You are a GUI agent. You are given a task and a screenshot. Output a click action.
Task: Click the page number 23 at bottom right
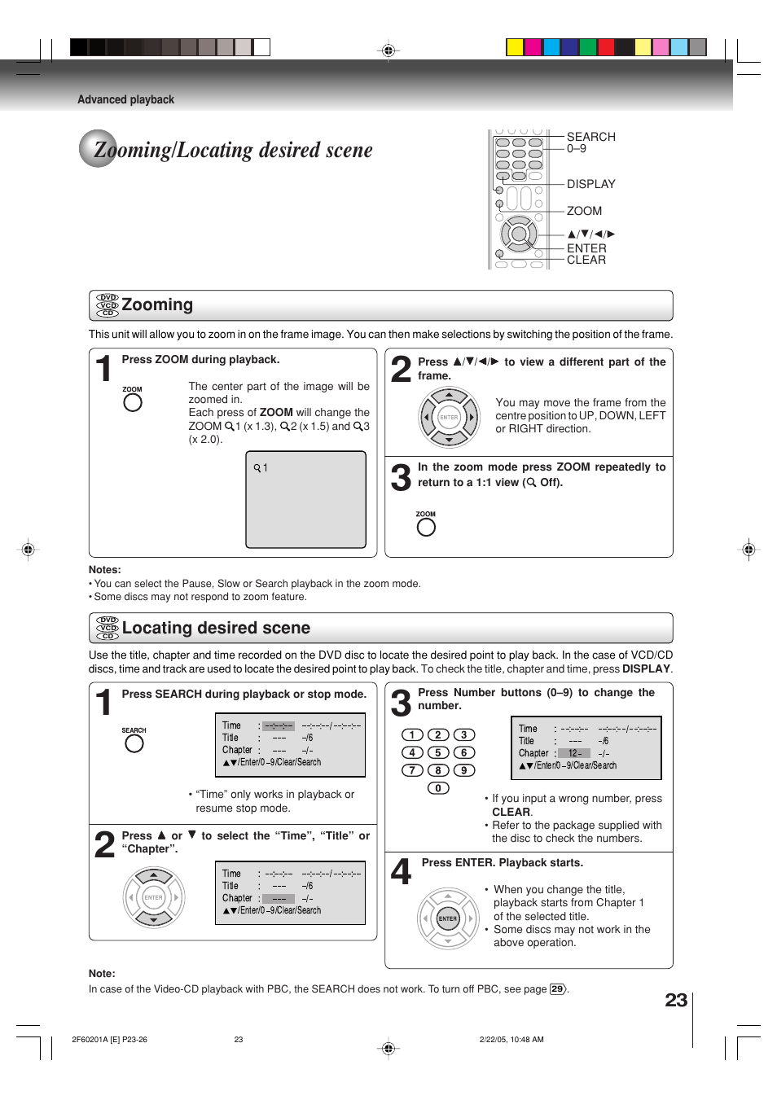[676, 1000]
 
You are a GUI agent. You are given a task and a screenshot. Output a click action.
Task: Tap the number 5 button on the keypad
[438, 752]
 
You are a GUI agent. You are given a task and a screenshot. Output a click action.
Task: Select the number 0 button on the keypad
[438, 788]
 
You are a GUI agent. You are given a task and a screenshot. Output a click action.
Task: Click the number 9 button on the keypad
[464, 770]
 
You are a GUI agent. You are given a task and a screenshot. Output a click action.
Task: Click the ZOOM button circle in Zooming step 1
[133, 402]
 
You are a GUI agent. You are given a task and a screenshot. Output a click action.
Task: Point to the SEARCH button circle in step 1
[134, 743]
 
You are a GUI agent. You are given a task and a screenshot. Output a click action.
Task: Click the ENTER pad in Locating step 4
[448, 918]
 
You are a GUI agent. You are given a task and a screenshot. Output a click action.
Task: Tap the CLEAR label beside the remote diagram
[586, 260]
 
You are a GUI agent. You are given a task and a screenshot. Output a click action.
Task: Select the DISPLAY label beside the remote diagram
[590, 184]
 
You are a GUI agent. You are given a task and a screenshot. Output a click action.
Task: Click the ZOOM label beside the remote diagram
[584, 211]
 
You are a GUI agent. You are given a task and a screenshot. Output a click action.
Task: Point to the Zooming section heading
[157, 305]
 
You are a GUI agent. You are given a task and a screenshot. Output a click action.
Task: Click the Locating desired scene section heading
[216, 628]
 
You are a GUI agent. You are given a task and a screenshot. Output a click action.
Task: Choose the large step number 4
[401, 872]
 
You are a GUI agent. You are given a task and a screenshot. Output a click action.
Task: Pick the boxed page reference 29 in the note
[557, 989]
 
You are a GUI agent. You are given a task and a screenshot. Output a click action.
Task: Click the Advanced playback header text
[125, 99]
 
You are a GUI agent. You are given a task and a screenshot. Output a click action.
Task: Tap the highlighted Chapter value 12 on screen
[574, 753]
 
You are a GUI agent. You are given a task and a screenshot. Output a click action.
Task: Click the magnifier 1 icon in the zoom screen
[261, 468]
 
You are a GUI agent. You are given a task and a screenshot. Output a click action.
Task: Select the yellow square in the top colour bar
[515, 47]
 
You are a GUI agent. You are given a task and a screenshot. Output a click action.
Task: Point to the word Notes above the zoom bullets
[104, 570]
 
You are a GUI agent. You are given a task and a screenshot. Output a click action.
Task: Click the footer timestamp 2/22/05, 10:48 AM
[511, 1040]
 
